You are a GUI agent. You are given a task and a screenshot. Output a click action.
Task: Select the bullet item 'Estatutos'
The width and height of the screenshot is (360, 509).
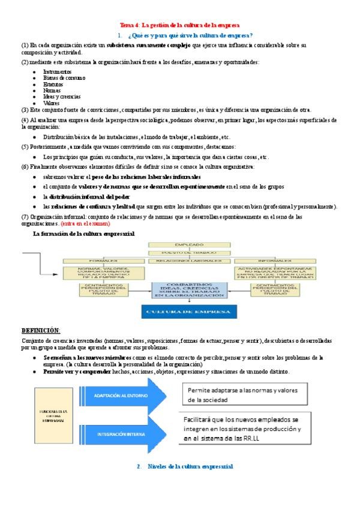[53, 84]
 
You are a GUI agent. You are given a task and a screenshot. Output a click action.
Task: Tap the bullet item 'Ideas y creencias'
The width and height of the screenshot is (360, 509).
[62, 97]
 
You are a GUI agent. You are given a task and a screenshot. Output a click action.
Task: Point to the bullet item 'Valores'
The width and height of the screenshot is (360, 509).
[52, 103]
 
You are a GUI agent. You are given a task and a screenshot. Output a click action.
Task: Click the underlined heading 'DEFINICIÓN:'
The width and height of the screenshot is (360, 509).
[41, 331]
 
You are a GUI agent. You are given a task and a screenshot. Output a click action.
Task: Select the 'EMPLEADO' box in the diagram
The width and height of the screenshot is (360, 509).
[189, 245]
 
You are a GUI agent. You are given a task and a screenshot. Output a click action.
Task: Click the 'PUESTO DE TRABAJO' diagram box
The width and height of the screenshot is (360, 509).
[189, 253]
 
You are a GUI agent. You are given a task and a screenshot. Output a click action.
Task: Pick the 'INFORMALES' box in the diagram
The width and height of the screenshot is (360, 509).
[275, 261]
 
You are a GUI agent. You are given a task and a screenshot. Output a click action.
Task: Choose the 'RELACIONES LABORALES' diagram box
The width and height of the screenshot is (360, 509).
[189, 261]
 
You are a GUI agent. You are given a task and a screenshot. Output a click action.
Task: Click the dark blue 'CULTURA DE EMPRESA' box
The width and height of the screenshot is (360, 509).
[189, 312]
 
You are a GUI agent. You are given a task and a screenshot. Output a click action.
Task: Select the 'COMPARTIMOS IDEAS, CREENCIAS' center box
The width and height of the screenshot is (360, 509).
[189, 290]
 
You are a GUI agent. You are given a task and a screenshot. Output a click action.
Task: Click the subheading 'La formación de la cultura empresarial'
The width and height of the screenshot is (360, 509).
[83, 233]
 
